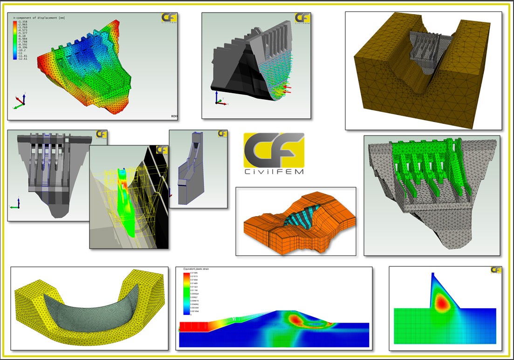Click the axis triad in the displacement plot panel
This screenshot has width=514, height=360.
tap(20, 102)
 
